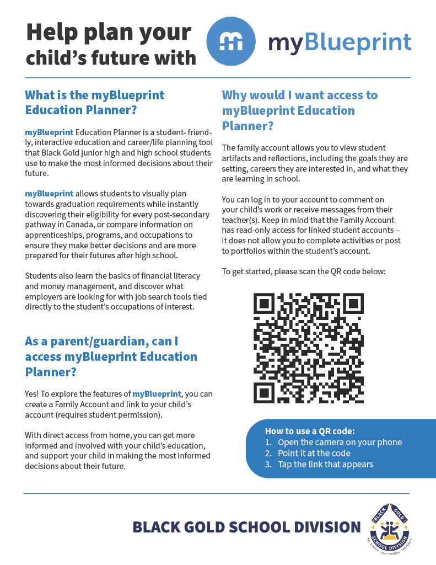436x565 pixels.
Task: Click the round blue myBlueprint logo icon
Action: tap(230, 42)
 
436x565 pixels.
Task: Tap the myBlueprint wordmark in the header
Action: tap(340, 42)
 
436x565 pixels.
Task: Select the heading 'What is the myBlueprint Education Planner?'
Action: tap(95, 102)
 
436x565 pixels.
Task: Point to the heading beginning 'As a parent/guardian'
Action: tap(111, 356)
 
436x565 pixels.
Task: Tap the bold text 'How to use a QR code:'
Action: tap(310, 431)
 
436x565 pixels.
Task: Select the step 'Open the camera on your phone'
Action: tap(340, 442)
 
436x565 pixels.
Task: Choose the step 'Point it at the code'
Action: tap(314, 453)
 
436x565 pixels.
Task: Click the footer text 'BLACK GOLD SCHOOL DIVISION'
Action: tap(246, 527)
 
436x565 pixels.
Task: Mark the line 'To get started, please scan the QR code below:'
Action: tap(303, 271)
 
